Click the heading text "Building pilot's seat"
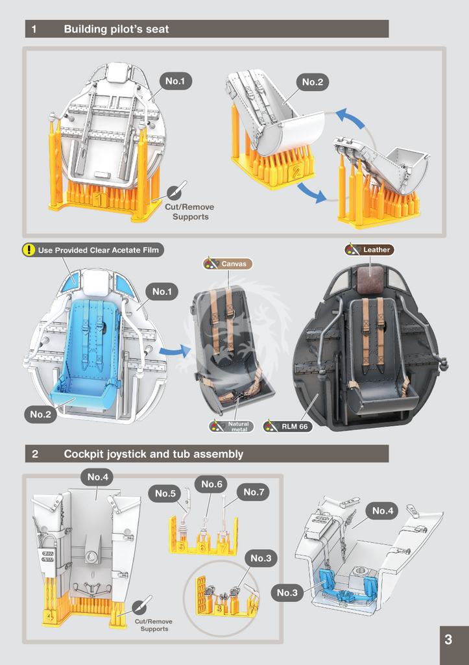(116, 29)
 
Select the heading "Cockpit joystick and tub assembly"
(153, 454)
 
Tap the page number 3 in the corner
(448, 640)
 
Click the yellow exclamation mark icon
(29, 250)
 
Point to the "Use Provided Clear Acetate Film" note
(93, 250)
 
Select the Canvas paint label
(228, 264)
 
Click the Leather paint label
(370, 250)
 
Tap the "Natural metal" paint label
(232, 426)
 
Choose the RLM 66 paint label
(288, 426)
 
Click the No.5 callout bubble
(165, 494)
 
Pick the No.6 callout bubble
(211, 484)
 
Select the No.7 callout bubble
(254, 492)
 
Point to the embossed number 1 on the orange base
(99, 199)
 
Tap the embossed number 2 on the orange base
(296, 171)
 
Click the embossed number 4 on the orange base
(49, 615)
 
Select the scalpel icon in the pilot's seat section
(176, 191)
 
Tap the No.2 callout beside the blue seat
(41, 414)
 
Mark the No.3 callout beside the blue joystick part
(287, 593)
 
